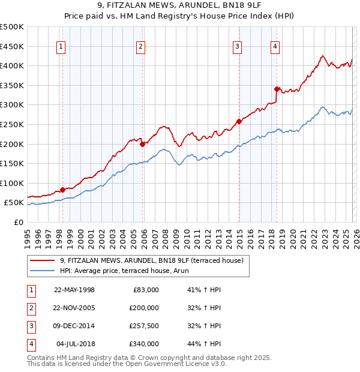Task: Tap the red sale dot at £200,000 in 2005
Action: pos(142,144)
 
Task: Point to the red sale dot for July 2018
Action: pos(277,89)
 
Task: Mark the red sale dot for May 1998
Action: pos(62,190)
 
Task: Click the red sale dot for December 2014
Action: pos(239,121)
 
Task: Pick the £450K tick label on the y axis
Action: pos(12,46)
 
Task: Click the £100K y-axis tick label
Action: pos(12,183)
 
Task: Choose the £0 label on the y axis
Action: pos(18,222)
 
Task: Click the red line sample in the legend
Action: pos(43,260)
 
